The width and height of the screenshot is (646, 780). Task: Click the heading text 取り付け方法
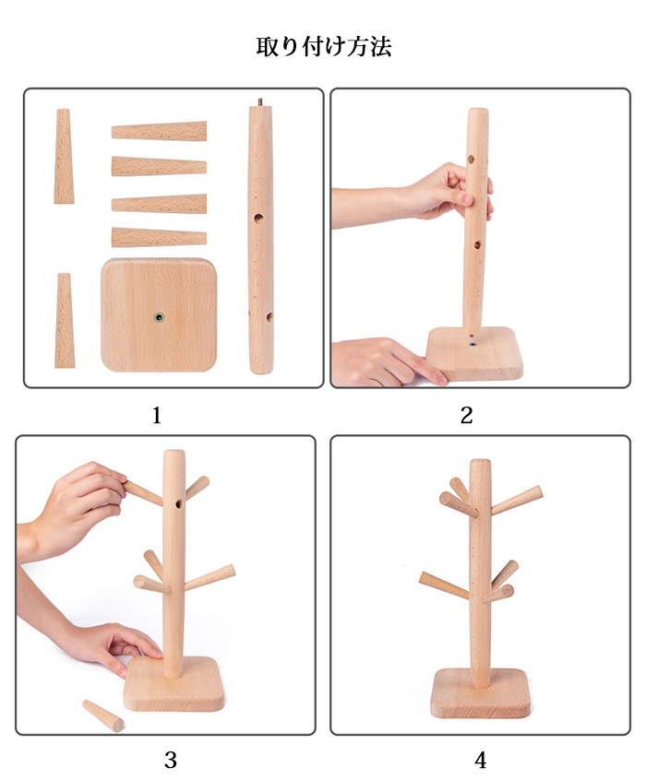point(323,47)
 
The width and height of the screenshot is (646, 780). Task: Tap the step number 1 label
point(157,416)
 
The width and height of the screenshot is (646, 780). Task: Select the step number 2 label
point(467,416)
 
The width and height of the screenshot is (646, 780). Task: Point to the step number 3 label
point(171,760)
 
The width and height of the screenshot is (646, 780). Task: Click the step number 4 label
point(480,760)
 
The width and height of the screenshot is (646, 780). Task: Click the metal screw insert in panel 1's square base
point(159,317)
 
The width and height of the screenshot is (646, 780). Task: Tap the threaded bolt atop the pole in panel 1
point(260,102)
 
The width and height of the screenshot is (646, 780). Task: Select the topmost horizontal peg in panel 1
point(159,131)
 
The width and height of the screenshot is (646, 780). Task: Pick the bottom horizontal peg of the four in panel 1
point(159,237)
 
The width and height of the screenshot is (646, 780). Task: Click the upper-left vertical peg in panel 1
point(64,156)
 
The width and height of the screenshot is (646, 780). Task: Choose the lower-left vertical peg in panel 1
point(65,320)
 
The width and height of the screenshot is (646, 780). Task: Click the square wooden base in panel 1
point(159,315)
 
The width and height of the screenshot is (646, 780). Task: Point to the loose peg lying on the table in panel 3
point(103,715)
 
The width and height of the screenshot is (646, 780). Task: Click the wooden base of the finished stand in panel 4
point(480,693)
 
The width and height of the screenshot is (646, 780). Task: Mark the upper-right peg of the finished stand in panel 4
point(517,500)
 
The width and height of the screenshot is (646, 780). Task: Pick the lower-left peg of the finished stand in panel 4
point(444,585)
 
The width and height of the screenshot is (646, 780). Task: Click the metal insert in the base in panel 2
point(472,343)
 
